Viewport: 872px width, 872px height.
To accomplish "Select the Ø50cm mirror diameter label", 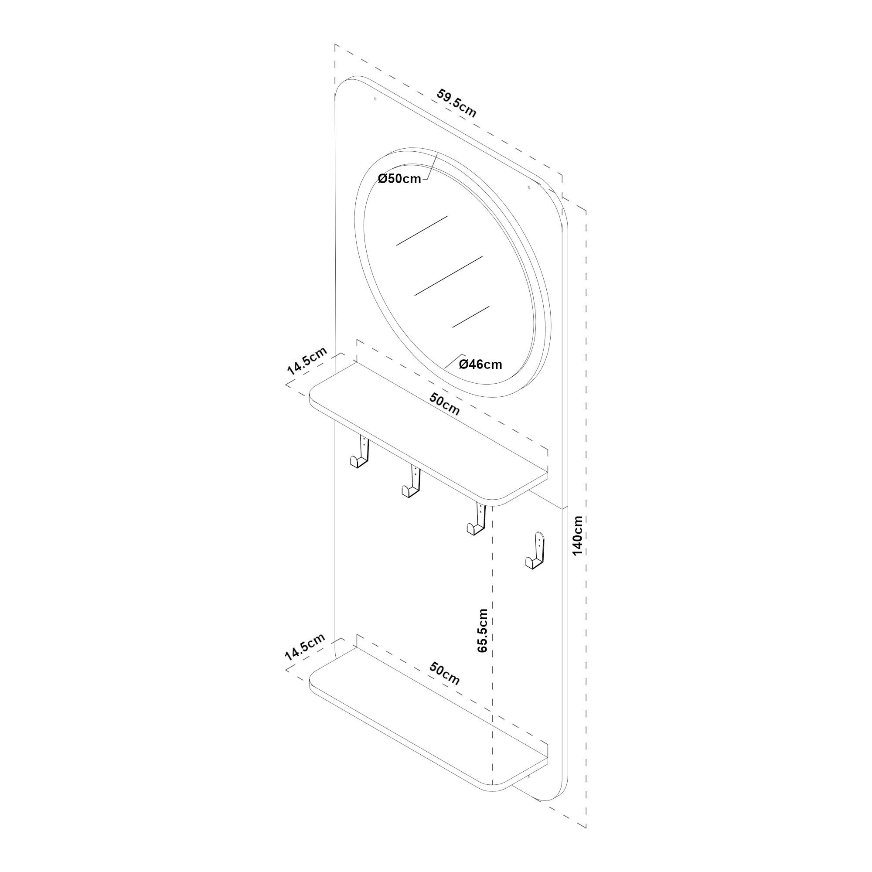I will [399, 179].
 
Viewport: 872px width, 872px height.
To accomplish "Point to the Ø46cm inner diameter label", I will [480, 364].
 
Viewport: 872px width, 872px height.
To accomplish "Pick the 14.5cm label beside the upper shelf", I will [307, 361].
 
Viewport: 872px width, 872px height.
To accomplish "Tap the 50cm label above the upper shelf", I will [445, 405].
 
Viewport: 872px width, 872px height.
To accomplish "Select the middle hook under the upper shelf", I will [411, 483].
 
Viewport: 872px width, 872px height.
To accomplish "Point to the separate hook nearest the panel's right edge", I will [536, 551].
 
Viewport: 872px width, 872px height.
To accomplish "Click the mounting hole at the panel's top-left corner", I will [375, 99].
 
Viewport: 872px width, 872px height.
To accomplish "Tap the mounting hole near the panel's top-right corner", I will [530, 187].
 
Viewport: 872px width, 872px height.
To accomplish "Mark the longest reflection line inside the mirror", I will [449, 276].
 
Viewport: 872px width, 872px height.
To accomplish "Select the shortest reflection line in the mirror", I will [471, 317].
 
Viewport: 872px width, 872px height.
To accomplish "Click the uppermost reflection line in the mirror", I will [422, 231].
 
